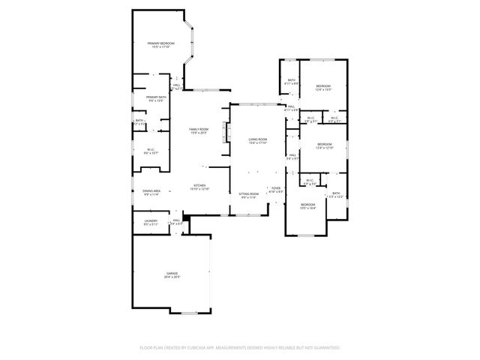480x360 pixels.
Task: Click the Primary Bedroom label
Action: [x=160, y=44]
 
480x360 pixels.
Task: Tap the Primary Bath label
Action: [x=156, y=97]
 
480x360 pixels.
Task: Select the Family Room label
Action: [x=199, y=130]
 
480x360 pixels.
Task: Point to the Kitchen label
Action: [x=200, y=186]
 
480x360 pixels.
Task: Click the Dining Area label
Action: [x=151, y=190]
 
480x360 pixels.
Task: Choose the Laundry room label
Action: [x=150, y=220]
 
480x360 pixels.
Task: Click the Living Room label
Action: [x=258, y=139]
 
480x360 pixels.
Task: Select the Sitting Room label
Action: [x=249, y=193]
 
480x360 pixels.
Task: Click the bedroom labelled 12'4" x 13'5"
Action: [x=323, y=86]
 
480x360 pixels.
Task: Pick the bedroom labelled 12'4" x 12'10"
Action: [x=324, y=144]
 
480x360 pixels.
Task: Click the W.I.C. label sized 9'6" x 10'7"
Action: [x=150, y=148]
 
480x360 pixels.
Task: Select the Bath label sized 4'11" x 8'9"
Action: [x=291, y=80]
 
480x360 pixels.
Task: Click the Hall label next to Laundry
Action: [x=176, y=220]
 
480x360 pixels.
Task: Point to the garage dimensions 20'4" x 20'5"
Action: [x=172, y=277]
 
